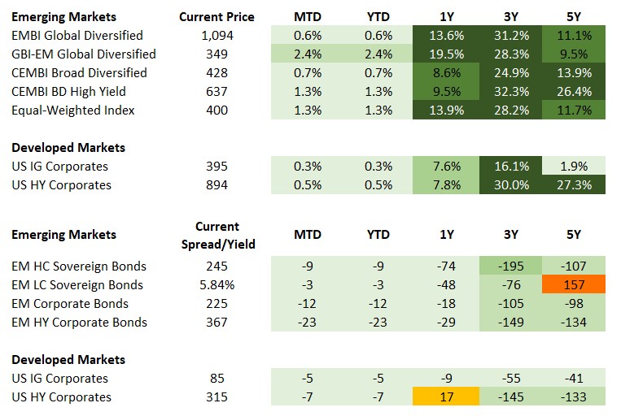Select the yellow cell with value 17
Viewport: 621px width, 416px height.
446,396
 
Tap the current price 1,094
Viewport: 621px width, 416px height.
216,36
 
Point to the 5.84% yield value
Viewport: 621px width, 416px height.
216,284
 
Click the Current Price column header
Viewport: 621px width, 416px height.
216,16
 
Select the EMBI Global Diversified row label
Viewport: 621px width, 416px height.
77,36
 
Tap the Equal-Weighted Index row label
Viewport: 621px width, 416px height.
73,110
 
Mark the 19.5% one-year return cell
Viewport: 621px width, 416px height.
446,54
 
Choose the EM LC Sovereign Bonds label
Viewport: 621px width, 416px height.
77,284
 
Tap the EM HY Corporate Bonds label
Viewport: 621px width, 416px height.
79,322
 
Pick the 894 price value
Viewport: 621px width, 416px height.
216,184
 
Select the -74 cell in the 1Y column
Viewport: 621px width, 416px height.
446,266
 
